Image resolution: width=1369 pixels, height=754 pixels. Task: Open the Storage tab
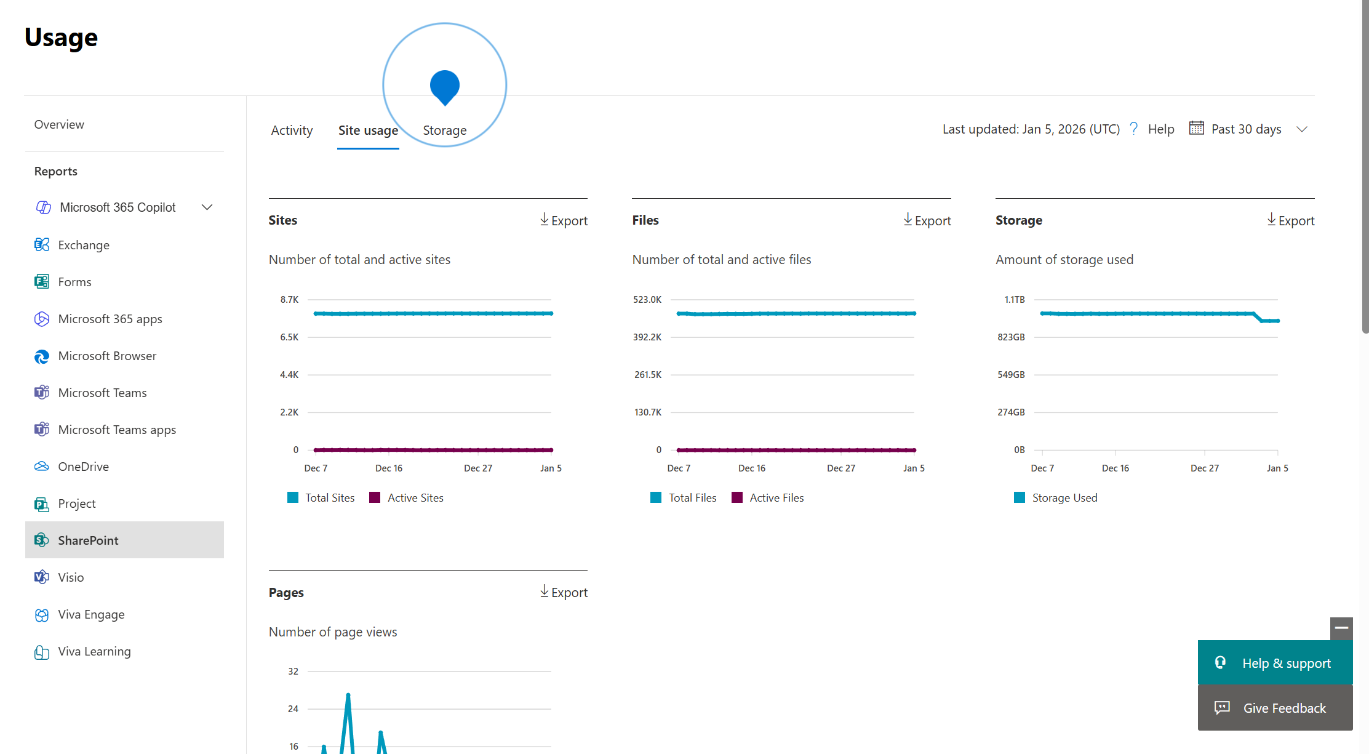[444, 130]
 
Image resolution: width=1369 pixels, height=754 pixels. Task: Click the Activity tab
[292, 130]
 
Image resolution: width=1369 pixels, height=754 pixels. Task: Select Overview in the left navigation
[59, 124]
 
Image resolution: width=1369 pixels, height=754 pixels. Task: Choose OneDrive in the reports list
[83, 467]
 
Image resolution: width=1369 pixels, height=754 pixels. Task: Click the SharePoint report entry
[88, 540]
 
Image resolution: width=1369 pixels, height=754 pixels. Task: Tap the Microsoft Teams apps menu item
[117, 430]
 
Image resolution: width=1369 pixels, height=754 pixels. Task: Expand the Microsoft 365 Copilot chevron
[207, 207]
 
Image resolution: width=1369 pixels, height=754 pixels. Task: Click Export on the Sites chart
[564, 220]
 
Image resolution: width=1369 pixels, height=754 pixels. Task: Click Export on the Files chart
[927, 220]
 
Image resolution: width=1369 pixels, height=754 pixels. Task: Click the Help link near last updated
[1160, 129]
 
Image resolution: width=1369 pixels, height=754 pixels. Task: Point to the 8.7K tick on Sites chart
[289, 300]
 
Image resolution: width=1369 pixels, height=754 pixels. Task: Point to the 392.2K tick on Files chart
[647, 337]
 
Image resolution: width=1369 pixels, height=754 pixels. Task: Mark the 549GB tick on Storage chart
[1011, 375]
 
